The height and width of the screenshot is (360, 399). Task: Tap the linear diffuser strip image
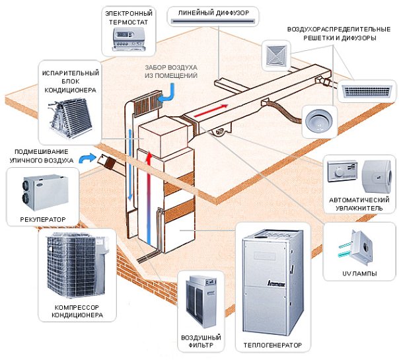click(x=212, y=22)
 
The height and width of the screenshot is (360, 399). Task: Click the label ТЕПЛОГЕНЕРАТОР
click(x=272, y=345)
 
